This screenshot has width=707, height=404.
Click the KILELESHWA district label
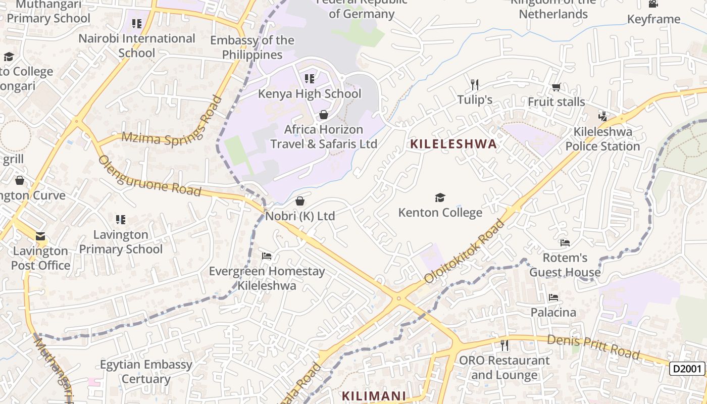(x=453, y=144)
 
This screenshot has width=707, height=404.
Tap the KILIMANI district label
(x=374, y=396)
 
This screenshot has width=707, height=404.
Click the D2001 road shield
(x=687, y=369)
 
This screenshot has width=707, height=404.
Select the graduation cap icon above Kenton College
(x=440, y=197)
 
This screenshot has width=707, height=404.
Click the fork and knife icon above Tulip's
(x=474, y=84)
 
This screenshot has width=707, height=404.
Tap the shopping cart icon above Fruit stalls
(x=556, y=87)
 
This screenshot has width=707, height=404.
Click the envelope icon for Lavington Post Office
(x=40, y=236)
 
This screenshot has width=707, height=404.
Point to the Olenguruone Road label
(x=149, y=176)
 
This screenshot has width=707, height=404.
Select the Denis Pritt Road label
(x=593, y=347)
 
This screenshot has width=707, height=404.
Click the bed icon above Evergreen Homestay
(x=267, y=256)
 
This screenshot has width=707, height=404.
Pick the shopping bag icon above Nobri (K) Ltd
(x=300, y=201)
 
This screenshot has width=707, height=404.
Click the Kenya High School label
(x=310, y=94)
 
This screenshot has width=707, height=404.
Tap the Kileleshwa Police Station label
(x=602, y=139)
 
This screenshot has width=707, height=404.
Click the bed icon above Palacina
(x=553, y=297)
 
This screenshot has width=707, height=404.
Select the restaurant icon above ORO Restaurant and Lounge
(x=504, y=345)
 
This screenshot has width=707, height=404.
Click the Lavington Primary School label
(x=121, y=242)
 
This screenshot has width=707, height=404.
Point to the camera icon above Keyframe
(x=653, y=4)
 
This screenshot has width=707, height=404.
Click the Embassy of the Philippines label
(x=252, y=47)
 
